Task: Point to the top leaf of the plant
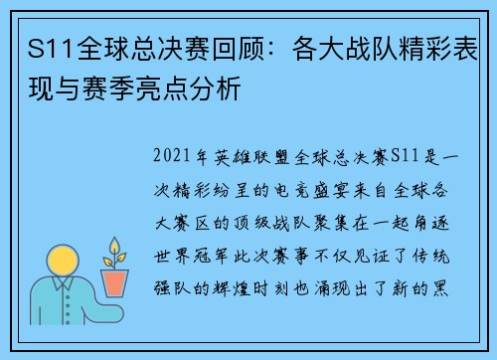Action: (x=116, y=245)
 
